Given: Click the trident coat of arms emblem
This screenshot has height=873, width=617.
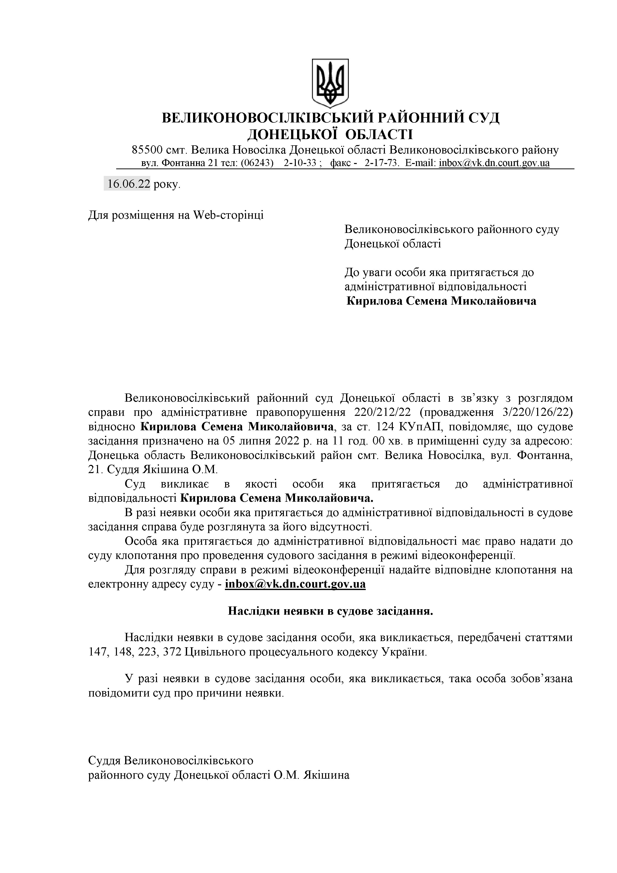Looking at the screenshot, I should [x=330, y=83].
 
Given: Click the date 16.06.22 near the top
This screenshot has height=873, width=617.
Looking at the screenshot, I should [x=128, y=184].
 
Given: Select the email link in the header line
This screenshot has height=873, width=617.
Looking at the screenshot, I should [x=494, y=163].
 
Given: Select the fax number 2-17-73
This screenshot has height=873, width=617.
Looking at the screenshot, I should [x=381, y=163].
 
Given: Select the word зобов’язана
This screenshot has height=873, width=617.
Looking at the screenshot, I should [x=541, y=679].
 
